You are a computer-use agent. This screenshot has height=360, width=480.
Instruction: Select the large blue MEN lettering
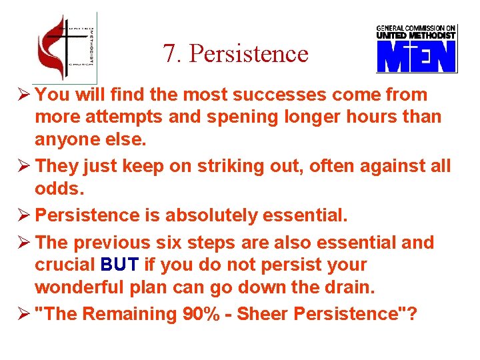coord(416,56)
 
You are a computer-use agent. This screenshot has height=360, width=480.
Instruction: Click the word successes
coord(253,95)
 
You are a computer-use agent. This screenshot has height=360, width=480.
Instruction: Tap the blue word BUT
coord(119,265)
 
